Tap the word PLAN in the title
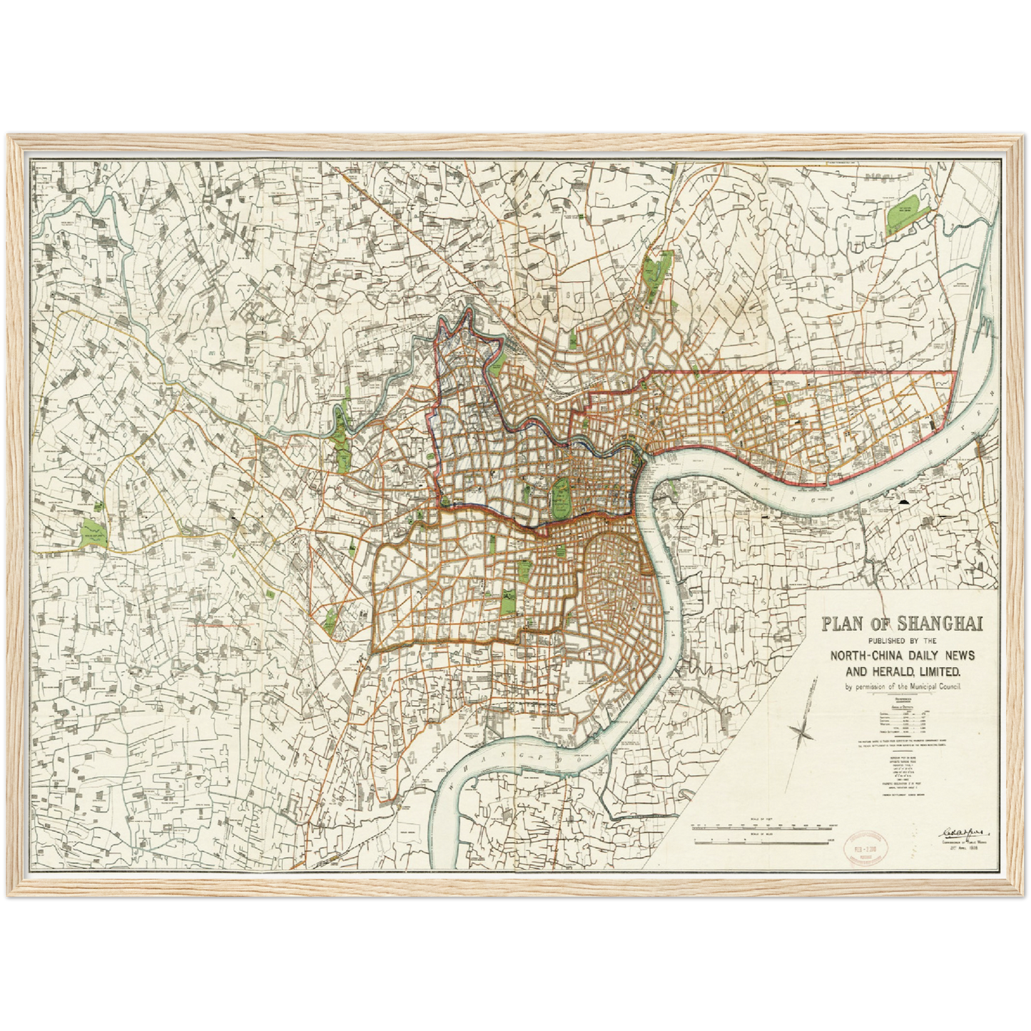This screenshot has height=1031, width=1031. [x=845, y=624]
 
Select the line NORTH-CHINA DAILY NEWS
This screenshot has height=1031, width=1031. [x=902, y=655]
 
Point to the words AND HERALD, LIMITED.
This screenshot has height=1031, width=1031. [x=902, y=671]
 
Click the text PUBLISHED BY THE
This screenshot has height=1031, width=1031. [x=902, y=640]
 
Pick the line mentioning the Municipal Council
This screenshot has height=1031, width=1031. [x=902, y=686]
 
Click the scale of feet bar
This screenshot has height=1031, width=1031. [x=763, y=826]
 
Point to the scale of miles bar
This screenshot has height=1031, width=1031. [x=763, y=840]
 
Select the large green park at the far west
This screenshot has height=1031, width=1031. [x=93, y=532]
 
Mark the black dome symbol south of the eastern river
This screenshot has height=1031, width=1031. [x=906, y=503]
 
